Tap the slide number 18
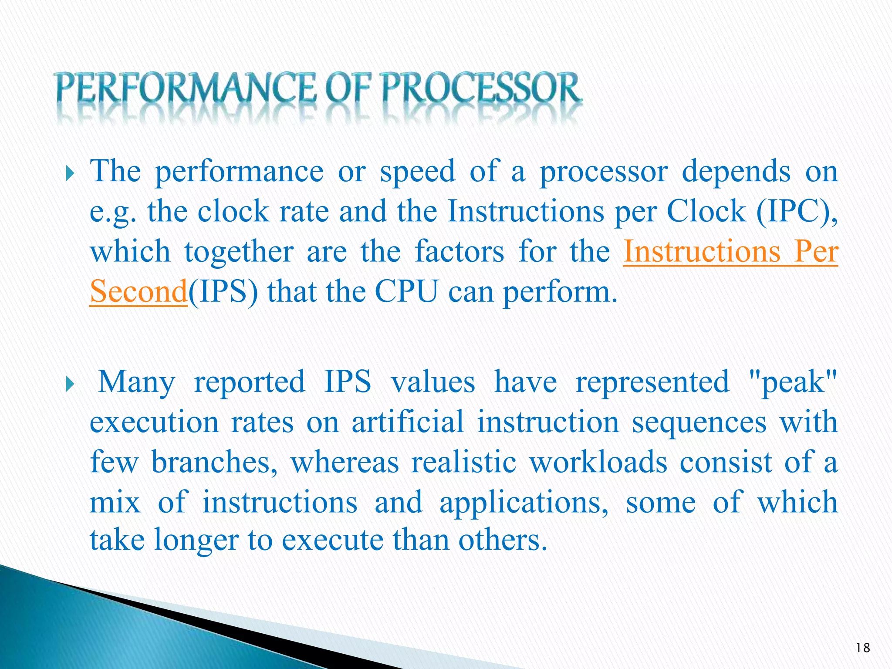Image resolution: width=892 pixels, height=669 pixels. point(862,648)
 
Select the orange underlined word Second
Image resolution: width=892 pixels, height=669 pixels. point(139,291)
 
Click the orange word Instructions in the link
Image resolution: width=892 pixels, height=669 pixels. point(701,251)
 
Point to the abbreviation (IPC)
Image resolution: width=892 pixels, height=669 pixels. point(797,211)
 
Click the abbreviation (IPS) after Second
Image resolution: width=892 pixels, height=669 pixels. point(223,291)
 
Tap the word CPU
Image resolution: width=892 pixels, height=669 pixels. point(406,291)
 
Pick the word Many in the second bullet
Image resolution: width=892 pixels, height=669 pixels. point(136,382)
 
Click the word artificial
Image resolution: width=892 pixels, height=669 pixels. point(408,422)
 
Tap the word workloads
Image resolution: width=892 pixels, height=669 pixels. point(598,462)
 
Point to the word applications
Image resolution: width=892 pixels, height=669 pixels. point(524,502)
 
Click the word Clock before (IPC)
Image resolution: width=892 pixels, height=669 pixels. point(706,211)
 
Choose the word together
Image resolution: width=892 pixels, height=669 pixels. point(239,251)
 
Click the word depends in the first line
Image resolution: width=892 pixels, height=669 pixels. point(736,171)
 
